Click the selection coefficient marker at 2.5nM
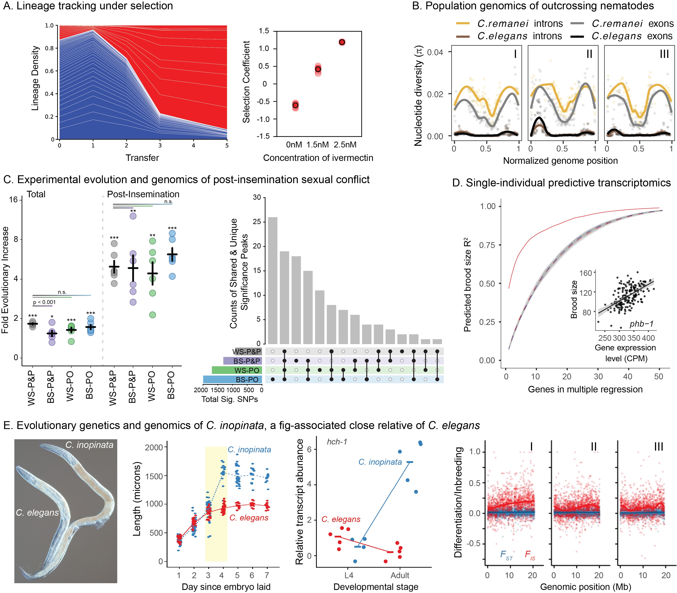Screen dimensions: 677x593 [342, 42]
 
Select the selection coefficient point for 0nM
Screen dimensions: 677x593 [295, 105]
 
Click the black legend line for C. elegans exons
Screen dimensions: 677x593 [577, 36]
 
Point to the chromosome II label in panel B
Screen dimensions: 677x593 [589, 54]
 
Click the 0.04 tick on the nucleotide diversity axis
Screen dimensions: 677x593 [435, 52]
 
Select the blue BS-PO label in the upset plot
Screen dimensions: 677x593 [247, 380]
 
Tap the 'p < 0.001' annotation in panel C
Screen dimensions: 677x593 [44, 302]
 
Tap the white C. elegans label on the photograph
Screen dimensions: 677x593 [37, 513]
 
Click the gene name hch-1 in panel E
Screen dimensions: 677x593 [337, 442]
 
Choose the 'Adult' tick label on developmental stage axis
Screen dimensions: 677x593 [400, 575]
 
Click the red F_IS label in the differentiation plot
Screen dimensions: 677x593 [530, 555]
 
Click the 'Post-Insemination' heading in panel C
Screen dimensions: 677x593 [143, 194]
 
